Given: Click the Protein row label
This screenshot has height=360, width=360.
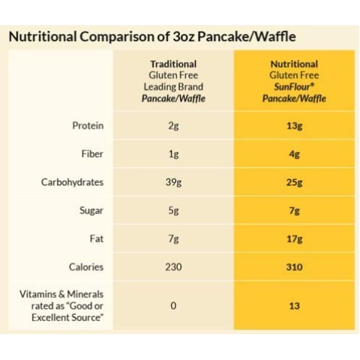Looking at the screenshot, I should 89,125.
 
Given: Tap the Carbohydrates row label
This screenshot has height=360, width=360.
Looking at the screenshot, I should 71,182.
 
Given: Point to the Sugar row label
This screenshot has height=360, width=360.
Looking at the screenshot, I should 91,211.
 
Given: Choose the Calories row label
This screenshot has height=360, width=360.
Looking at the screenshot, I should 86,267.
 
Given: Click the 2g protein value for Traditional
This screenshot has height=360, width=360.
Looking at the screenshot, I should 172,125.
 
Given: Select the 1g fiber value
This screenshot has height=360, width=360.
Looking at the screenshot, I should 172,153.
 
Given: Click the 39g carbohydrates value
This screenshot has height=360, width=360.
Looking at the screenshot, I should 172,182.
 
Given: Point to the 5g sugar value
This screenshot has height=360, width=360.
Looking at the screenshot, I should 172,211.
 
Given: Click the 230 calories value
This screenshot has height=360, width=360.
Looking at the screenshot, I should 172,267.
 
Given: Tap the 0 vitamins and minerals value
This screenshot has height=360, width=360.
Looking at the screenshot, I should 172,306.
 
